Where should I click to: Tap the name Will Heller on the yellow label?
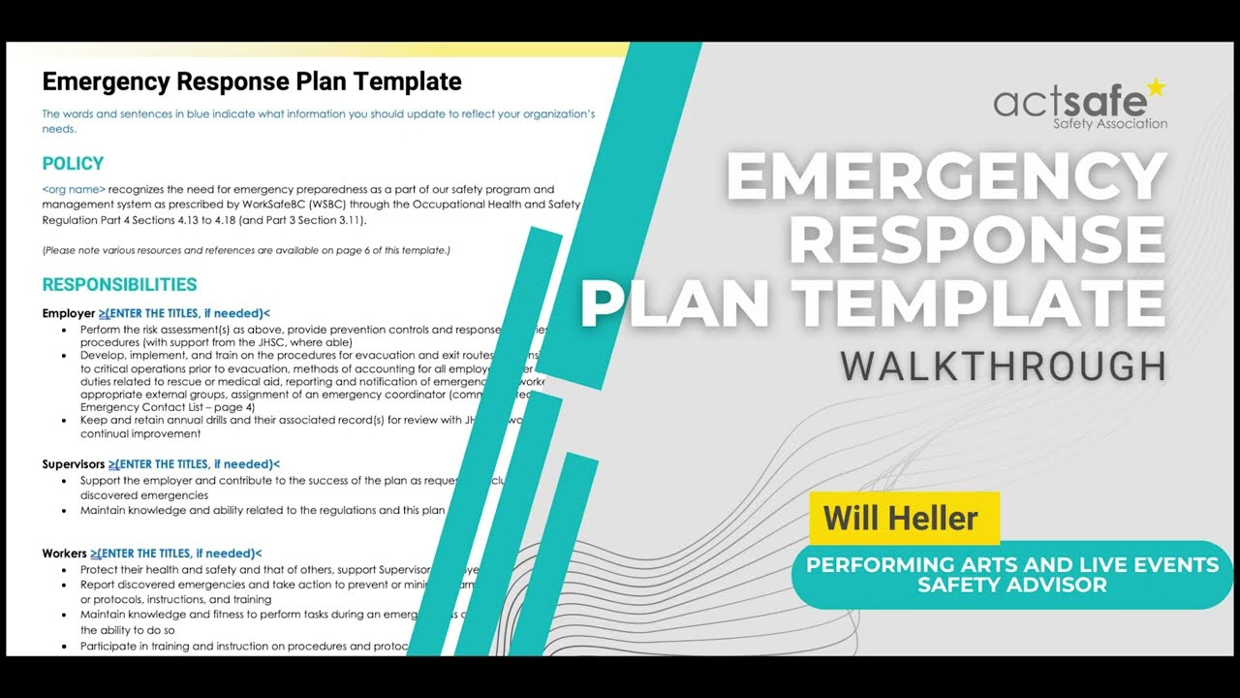click(900, 518)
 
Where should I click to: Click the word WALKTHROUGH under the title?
click(1003, 366)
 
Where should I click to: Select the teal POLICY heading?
click(73, 164)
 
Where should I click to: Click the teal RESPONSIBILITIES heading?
click(119, 285)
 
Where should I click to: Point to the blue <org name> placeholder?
click(74, 189)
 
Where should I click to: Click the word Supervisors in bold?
click(73, 464)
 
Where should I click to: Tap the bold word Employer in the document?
click(68, 313)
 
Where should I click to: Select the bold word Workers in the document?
click(64, 554)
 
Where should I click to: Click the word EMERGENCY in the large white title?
click(945, 175)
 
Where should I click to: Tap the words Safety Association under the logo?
click(1109, 124)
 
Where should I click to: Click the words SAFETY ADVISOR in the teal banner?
click(1011, 586)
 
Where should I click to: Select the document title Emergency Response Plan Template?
click(252, 81)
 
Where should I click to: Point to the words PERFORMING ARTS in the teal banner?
click(902, 565)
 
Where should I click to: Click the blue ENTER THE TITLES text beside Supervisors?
click(194, 464)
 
